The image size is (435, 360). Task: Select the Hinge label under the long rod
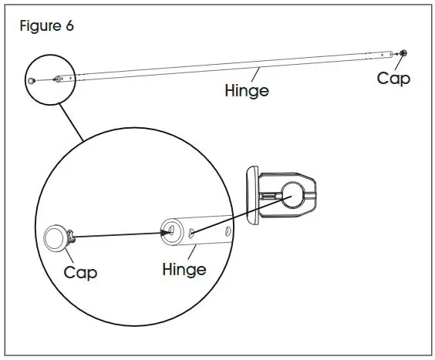[246, 90]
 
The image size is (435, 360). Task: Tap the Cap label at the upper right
[393, 78]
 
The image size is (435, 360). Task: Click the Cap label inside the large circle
[80, 272]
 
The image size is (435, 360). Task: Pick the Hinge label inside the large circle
[184, 269]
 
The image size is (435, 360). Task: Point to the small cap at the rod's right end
[404, 53]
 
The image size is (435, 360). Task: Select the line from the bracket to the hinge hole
[239, 214]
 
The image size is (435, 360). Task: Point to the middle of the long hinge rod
[231, 66]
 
